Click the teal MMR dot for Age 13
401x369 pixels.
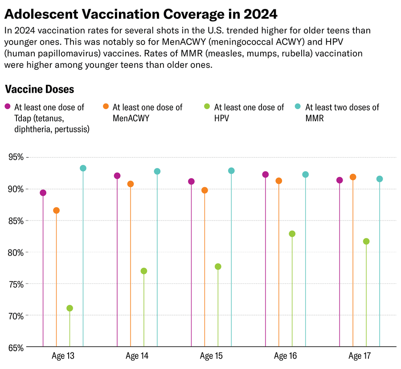83,168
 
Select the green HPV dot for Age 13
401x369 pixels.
70,308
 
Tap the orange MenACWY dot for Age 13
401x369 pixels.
56,210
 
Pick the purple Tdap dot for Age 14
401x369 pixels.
117,176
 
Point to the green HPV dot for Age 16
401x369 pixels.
292,234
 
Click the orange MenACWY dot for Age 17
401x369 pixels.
353,177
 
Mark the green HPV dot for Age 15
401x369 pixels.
218,266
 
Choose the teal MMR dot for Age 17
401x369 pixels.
380,179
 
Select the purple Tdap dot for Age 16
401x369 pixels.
266,175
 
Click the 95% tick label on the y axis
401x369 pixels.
16,157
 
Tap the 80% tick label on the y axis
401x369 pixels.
16,252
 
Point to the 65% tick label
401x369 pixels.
16,347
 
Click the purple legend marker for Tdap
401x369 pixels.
8,107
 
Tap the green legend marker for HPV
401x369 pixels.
207,107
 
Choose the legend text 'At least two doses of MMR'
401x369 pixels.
342,113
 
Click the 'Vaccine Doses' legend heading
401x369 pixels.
39,89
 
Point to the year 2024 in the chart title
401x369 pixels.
260,14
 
